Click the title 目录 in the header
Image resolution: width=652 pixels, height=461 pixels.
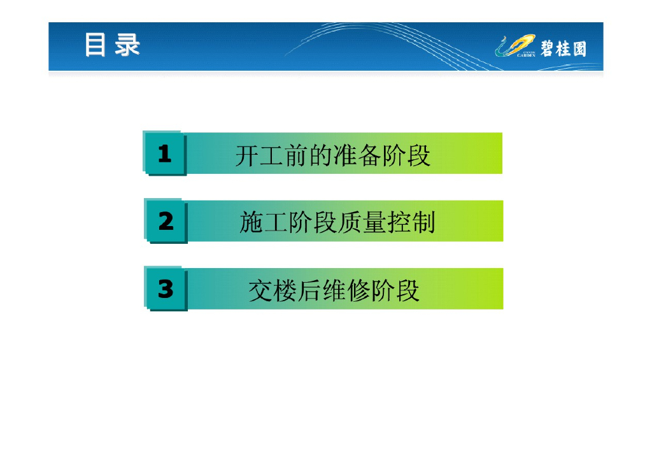click(x=112, y=45)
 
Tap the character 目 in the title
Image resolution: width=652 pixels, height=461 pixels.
click(x=95, y=45)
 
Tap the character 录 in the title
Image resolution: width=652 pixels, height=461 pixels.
click(x=127, y=45)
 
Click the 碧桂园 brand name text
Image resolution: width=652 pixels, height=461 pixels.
click(x=563, y=48)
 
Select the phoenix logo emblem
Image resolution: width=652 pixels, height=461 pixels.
click(x=514, y=45)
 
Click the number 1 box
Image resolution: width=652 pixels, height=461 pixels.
click(x=165, y=153)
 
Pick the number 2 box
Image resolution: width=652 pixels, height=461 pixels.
click(x=166, y=221)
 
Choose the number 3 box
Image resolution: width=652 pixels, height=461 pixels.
click(x=166, y=288)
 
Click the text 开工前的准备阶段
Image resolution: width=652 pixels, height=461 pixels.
click(x=332, y=155)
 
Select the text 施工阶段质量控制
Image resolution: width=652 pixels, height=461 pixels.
click(x=337, y=222)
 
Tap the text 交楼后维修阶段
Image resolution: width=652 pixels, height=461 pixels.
click(x=334, y=290)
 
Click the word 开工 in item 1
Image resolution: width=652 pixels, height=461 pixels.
click(x=260, y=155)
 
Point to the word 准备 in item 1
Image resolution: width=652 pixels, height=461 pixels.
click(x=357, y=155)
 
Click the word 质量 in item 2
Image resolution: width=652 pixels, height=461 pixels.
click(x=362, y=222)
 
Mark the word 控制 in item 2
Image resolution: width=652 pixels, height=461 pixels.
click(x=411, y=222)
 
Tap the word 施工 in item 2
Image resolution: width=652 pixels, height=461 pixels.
click(x=264, y=222)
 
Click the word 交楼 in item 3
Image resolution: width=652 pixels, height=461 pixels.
click(x=273, y=290)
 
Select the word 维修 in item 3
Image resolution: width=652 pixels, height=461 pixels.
click(x=346, y=290)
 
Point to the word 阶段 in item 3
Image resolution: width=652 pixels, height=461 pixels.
click(x=395, y=290)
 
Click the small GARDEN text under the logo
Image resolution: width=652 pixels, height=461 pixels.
click(x=526, y=55)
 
